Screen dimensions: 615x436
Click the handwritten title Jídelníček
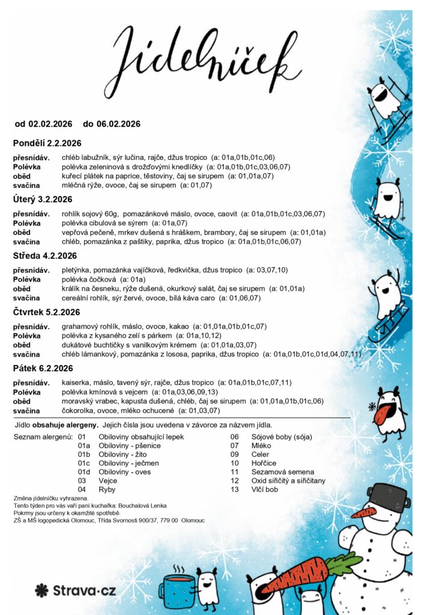tap(205, 57)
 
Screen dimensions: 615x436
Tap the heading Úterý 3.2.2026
tap(43, 199)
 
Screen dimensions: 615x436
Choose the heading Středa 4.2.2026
tap(45, 256)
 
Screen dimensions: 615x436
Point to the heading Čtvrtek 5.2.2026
tap(47, 312)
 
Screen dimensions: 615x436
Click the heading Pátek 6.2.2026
tap(43, 368)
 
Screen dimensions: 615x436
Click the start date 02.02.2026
tap(50, 124)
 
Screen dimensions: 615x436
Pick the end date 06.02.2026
tap(118, 124)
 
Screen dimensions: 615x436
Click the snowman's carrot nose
tap(363, 514)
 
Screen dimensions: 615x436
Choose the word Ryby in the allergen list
tap(108, 489)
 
